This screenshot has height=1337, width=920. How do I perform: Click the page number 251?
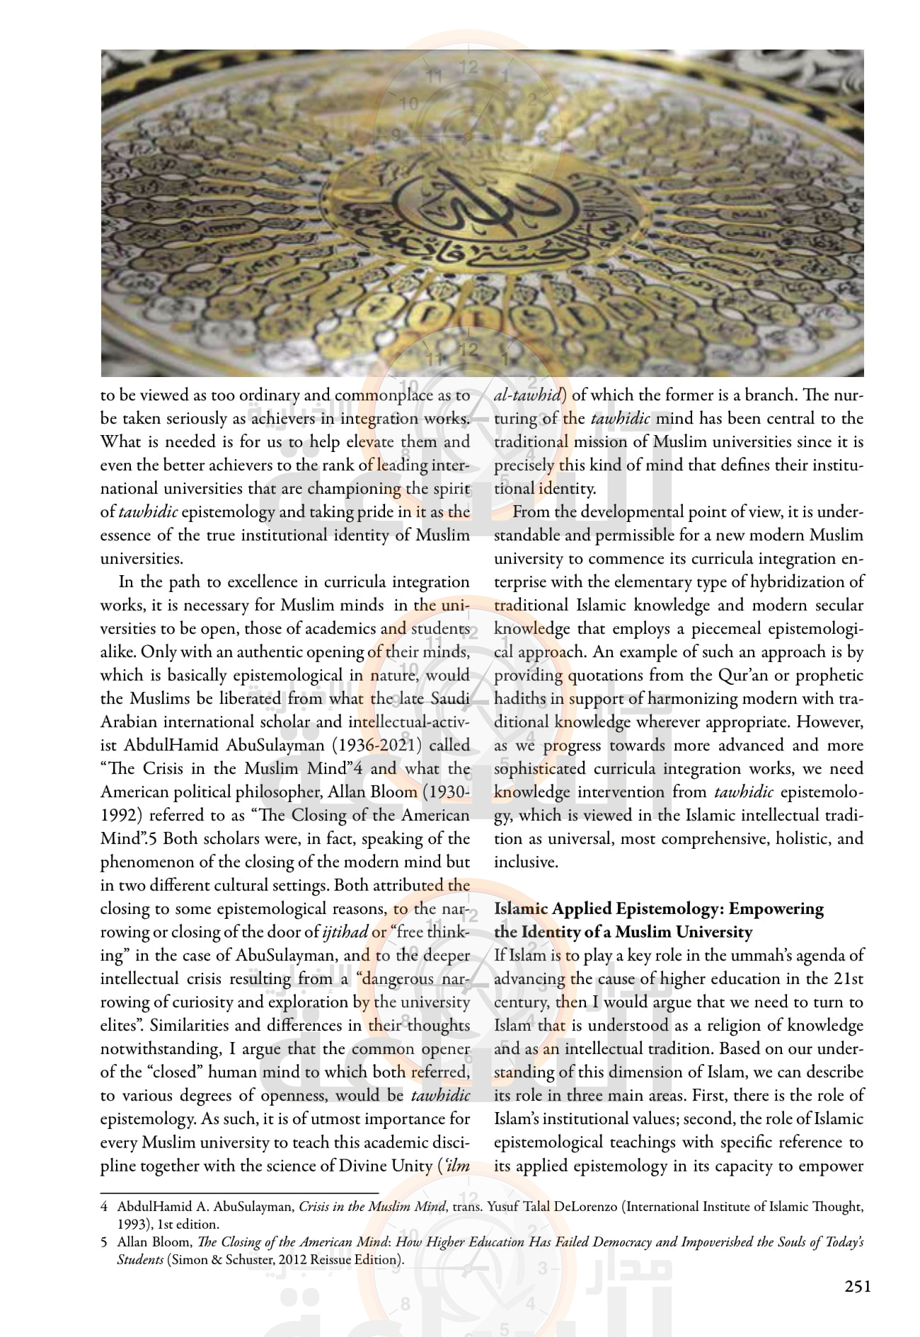tap(858, 1287)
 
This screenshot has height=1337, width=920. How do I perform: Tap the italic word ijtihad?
tap(345, 932)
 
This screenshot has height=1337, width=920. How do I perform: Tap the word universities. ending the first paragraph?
tap(142, 558)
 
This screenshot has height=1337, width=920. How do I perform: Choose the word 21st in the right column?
tap(849, 978)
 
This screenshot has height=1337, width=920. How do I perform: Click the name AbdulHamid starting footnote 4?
tap(149, 1207)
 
